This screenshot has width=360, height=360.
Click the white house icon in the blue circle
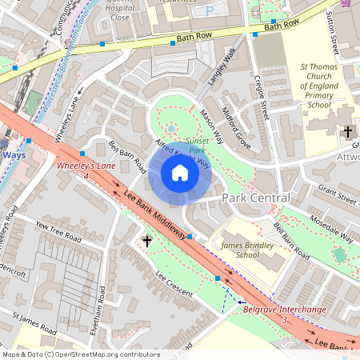point(180,173)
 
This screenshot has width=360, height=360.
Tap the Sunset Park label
point(197,146)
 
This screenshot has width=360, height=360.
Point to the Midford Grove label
point(236,129)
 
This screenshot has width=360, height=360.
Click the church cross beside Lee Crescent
point(146,239)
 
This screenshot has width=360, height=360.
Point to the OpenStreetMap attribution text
point(80,354)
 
